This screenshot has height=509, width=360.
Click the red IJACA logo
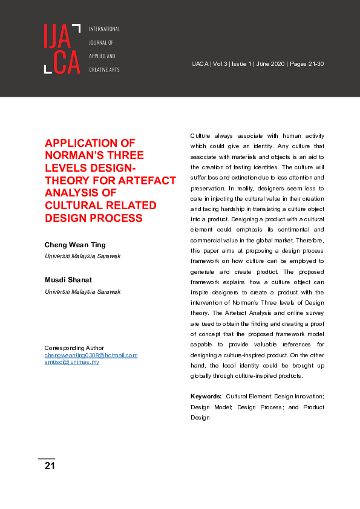coord(62,49)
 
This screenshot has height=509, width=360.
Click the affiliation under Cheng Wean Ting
coord(83,256)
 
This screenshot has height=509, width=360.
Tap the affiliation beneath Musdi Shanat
coord(83,292)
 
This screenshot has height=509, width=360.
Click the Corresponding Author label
coord(74,348)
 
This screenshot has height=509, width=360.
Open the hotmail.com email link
coord(91,355)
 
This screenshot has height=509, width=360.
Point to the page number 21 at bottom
coord(50,466)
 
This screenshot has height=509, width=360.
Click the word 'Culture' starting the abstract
coord(201,135)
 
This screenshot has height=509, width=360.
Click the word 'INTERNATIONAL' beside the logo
coord(105,29)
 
